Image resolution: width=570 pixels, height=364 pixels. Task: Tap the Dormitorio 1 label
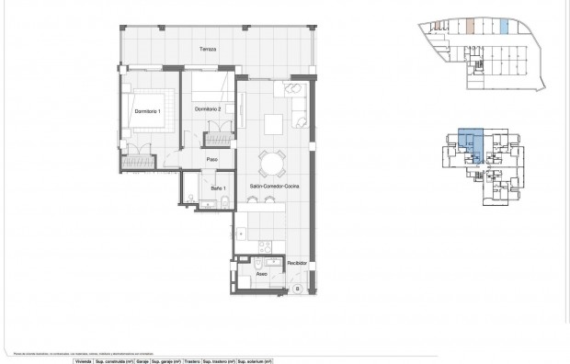147,111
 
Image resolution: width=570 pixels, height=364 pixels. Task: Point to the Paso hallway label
211,159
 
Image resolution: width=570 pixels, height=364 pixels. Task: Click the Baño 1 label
218,188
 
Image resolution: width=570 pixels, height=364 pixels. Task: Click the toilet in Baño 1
188,203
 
